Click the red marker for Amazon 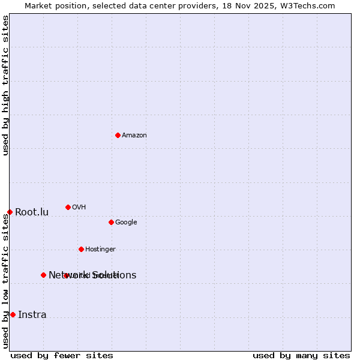click(x=118, y=135)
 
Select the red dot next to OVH click(x=68, y=207)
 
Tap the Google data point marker click(x=111, y=222)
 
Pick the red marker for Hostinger click(x=81, y=249)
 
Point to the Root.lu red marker click(x=10, y=212)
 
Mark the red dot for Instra click(x=13, y=314)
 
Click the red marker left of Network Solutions click(x=43, y=275)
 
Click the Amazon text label click(x=134, y=136)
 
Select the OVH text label click(x=79, y=208)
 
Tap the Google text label click(x=126, y=223)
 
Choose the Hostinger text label click(x=100, y=250)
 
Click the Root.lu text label click(x=32, y=212)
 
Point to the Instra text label click(x=32, y=315)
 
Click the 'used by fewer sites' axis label click(x=62, y=355)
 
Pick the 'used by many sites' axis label click(x=301, y=355)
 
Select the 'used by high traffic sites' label click(x=5, y=85)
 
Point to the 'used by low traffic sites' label click(x=5, y=281)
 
